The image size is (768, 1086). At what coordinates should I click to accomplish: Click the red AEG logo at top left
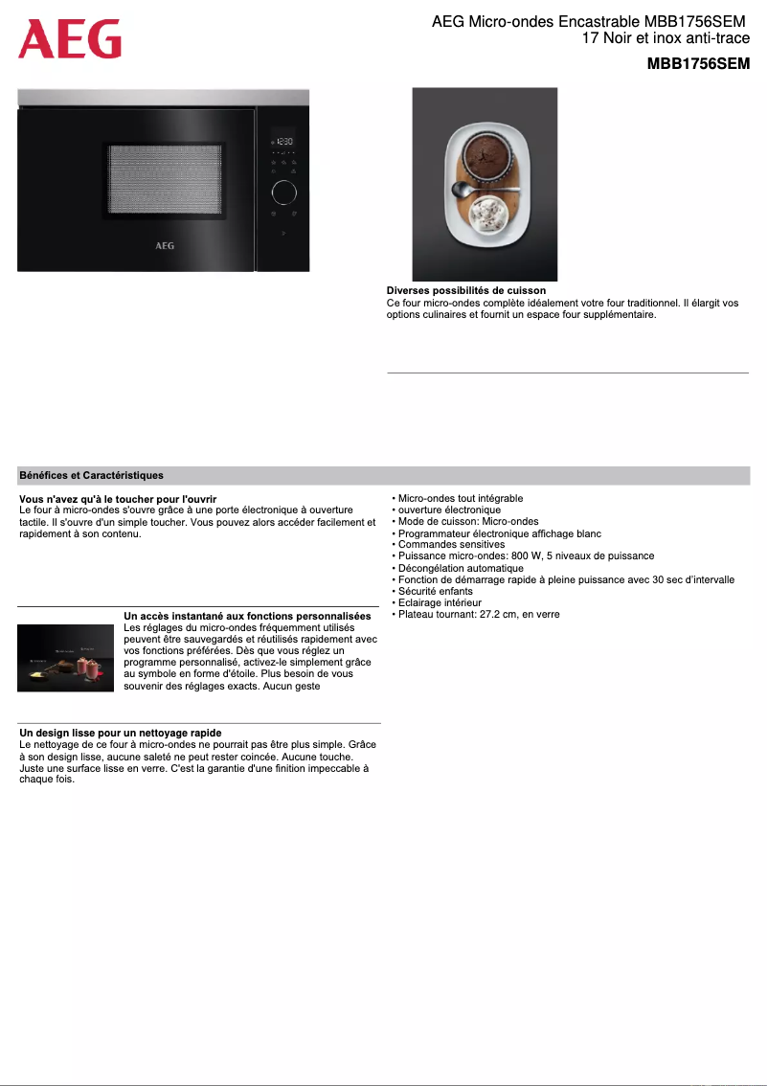[70, 39]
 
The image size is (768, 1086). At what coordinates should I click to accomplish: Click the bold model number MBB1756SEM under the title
[697, 64]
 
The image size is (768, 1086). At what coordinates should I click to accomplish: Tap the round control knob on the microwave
[283, 192]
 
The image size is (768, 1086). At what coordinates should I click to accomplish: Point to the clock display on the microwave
[283, 141]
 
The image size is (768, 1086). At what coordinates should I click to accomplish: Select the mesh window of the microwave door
[166, 179]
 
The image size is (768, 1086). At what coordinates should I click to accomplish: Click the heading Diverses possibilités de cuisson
[466, 290]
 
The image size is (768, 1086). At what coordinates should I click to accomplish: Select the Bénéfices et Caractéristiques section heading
[92, 475]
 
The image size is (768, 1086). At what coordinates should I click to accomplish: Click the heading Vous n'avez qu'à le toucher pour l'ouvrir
[118, 499]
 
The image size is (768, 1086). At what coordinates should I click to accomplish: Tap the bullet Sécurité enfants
[435, 591]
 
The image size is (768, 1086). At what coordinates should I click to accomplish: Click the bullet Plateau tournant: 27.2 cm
[478, 614]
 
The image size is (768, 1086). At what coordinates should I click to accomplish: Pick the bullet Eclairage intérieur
[440, 602]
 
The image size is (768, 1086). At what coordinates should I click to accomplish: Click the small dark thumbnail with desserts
[66, 658]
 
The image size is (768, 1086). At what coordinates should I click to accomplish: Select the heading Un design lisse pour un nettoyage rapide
[121, 733]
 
